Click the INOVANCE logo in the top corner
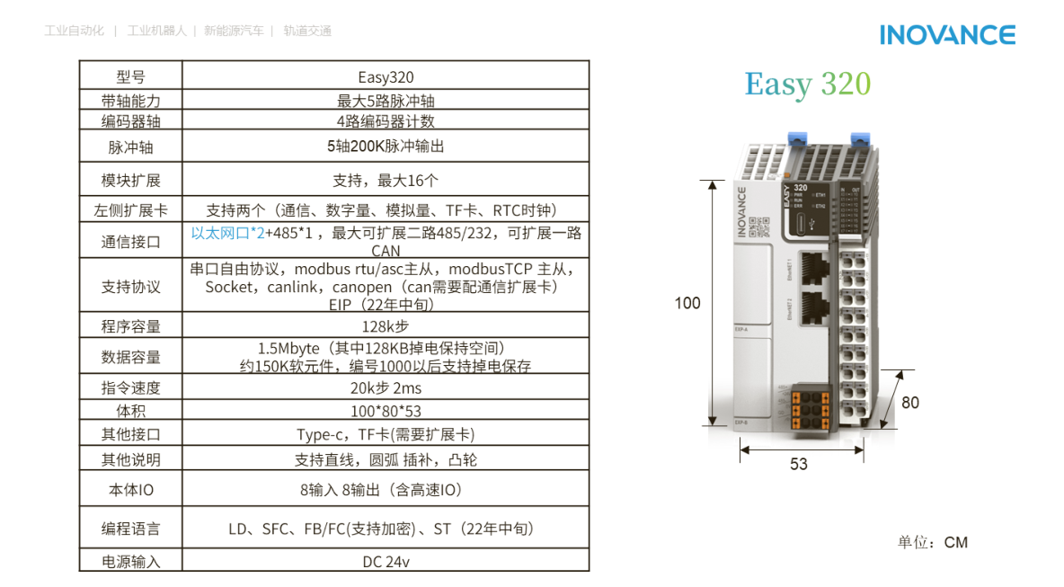point(947,35)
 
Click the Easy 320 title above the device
point(807,84)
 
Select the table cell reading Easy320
point(386,77)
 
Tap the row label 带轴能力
point(131,101)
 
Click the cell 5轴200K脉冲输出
point(386,146)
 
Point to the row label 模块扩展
point(131,180)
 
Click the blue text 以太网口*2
point(227,233)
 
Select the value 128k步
point(386,326)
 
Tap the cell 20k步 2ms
point(386,388)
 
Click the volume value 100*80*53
point(386,412)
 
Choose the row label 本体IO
point(131,491)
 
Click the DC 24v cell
point(386,562)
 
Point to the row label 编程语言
point(131,529)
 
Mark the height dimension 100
point(687,304)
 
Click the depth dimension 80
point(910,403)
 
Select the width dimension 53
point(799,464)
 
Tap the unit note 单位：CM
point(932,542)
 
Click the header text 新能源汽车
point(234,31)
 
